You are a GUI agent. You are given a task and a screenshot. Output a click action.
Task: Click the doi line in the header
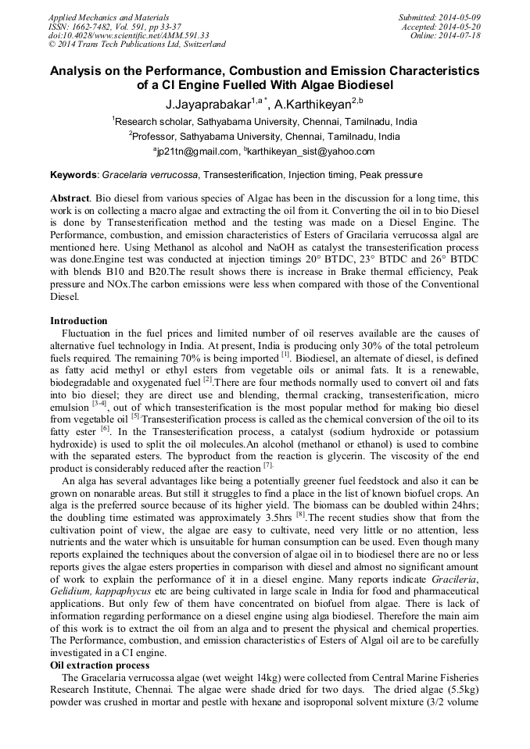[128, 36]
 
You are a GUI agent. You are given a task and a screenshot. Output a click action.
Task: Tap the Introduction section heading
[79, 321]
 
